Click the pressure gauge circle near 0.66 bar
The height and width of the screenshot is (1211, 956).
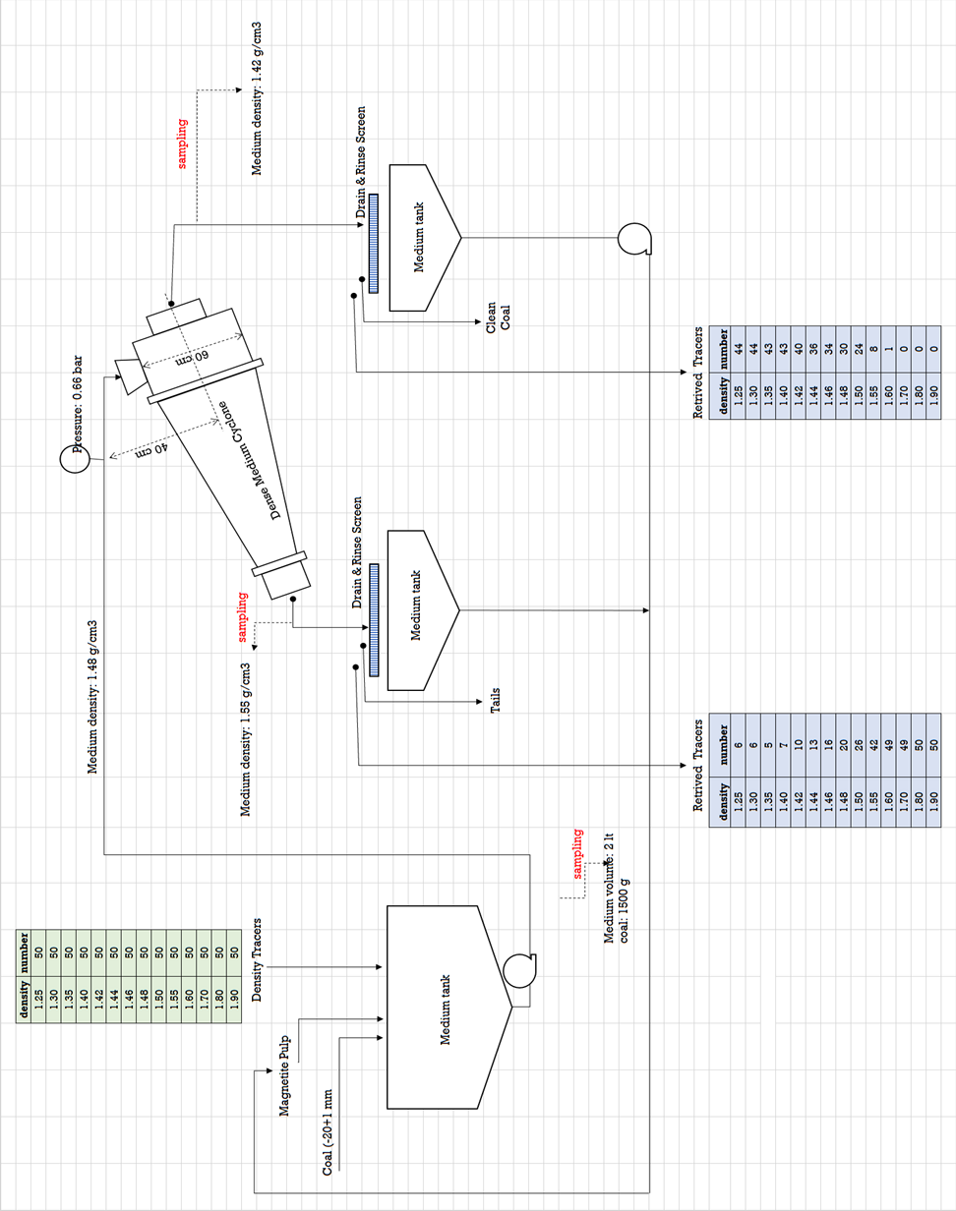pos(75,459)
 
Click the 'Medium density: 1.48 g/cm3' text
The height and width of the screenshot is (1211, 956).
pos(94,697)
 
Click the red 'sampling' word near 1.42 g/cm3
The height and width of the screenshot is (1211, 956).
pos(183,144)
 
